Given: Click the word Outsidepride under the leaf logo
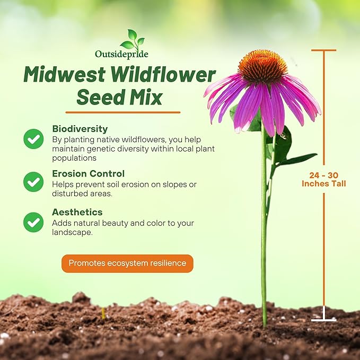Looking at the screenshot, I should click(x=121, y=54).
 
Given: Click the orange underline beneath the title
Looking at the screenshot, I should click(x=122, y=112).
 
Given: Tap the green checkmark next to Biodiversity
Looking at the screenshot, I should click(x=33, y=139).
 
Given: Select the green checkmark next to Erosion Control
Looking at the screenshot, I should click(x=33, y=182).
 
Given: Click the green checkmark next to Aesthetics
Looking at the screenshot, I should click(x=33, y=222).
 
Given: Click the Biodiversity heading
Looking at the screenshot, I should click(x=80, y=129).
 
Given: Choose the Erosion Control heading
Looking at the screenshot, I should click(x=88, y=173).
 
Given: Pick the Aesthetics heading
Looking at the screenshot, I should click(x=77, y=212).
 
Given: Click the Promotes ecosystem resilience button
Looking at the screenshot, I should click(x=127, y=263).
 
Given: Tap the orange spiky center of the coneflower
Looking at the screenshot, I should click(x=262, y=66).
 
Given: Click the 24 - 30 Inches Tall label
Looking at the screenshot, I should click(x=324, y=179).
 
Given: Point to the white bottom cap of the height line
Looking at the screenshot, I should click(x=323, y=320).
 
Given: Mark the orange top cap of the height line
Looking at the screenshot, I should click(x=323, y=50).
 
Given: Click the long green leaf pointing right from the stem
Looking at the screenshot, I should click(x=297, y=159).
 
